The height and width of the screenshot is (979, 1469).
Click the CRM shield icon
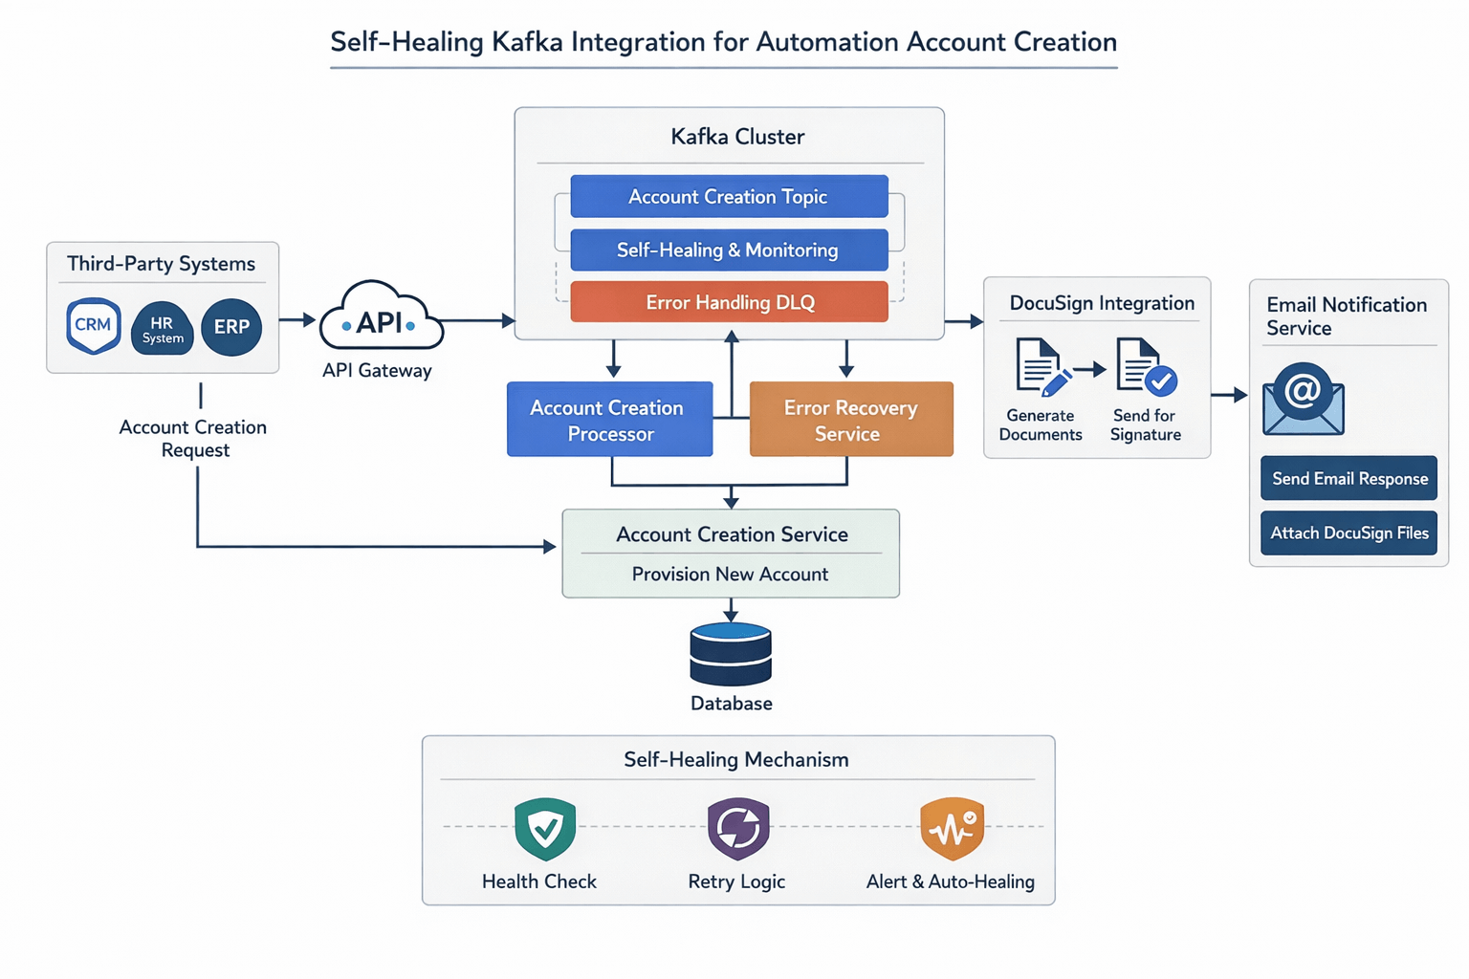[x=93, y=326]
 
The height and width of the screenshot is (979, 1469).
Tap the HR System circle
[x=163, y=329]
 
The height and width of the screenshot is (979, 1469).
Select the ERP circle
[x=231, y=327]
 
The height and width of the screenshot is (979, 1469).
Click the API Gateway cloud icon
[x=380, y=319]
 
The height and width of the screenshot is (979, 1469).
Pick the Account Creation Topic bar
[x=729, y=197]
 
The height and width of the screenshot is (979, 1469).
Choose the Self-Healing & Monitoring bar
[x=729, y=250]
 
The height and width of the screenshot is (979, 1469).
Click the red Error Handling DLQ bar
[x=729, y=303]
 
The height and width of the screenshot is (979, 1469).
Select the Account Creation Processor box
[x=609, y=420]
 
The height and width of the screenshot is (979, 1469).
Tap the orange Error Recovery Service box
[x=851, y=420]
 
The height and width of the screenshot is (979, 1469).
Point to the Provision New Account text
[x=730, y=575]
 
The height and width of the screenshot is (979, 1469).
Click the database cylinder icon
[x=731, y=655]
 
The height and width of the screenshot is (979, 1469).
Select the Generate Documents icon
[x=1041, y=367]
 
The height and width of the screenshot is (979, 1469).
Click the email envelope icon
[x=1303, y=400]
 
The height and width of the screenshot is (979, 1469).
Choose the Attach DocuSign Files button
[x=1348, y=533]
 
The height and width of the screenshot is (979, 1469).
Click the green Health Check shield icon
[x=545, y=829]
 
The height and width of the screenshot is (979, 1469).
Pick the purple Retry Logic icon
[x=737, y=829]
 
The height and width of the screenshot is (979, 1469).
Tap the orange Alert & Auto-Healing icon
[x=952, y=829]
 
